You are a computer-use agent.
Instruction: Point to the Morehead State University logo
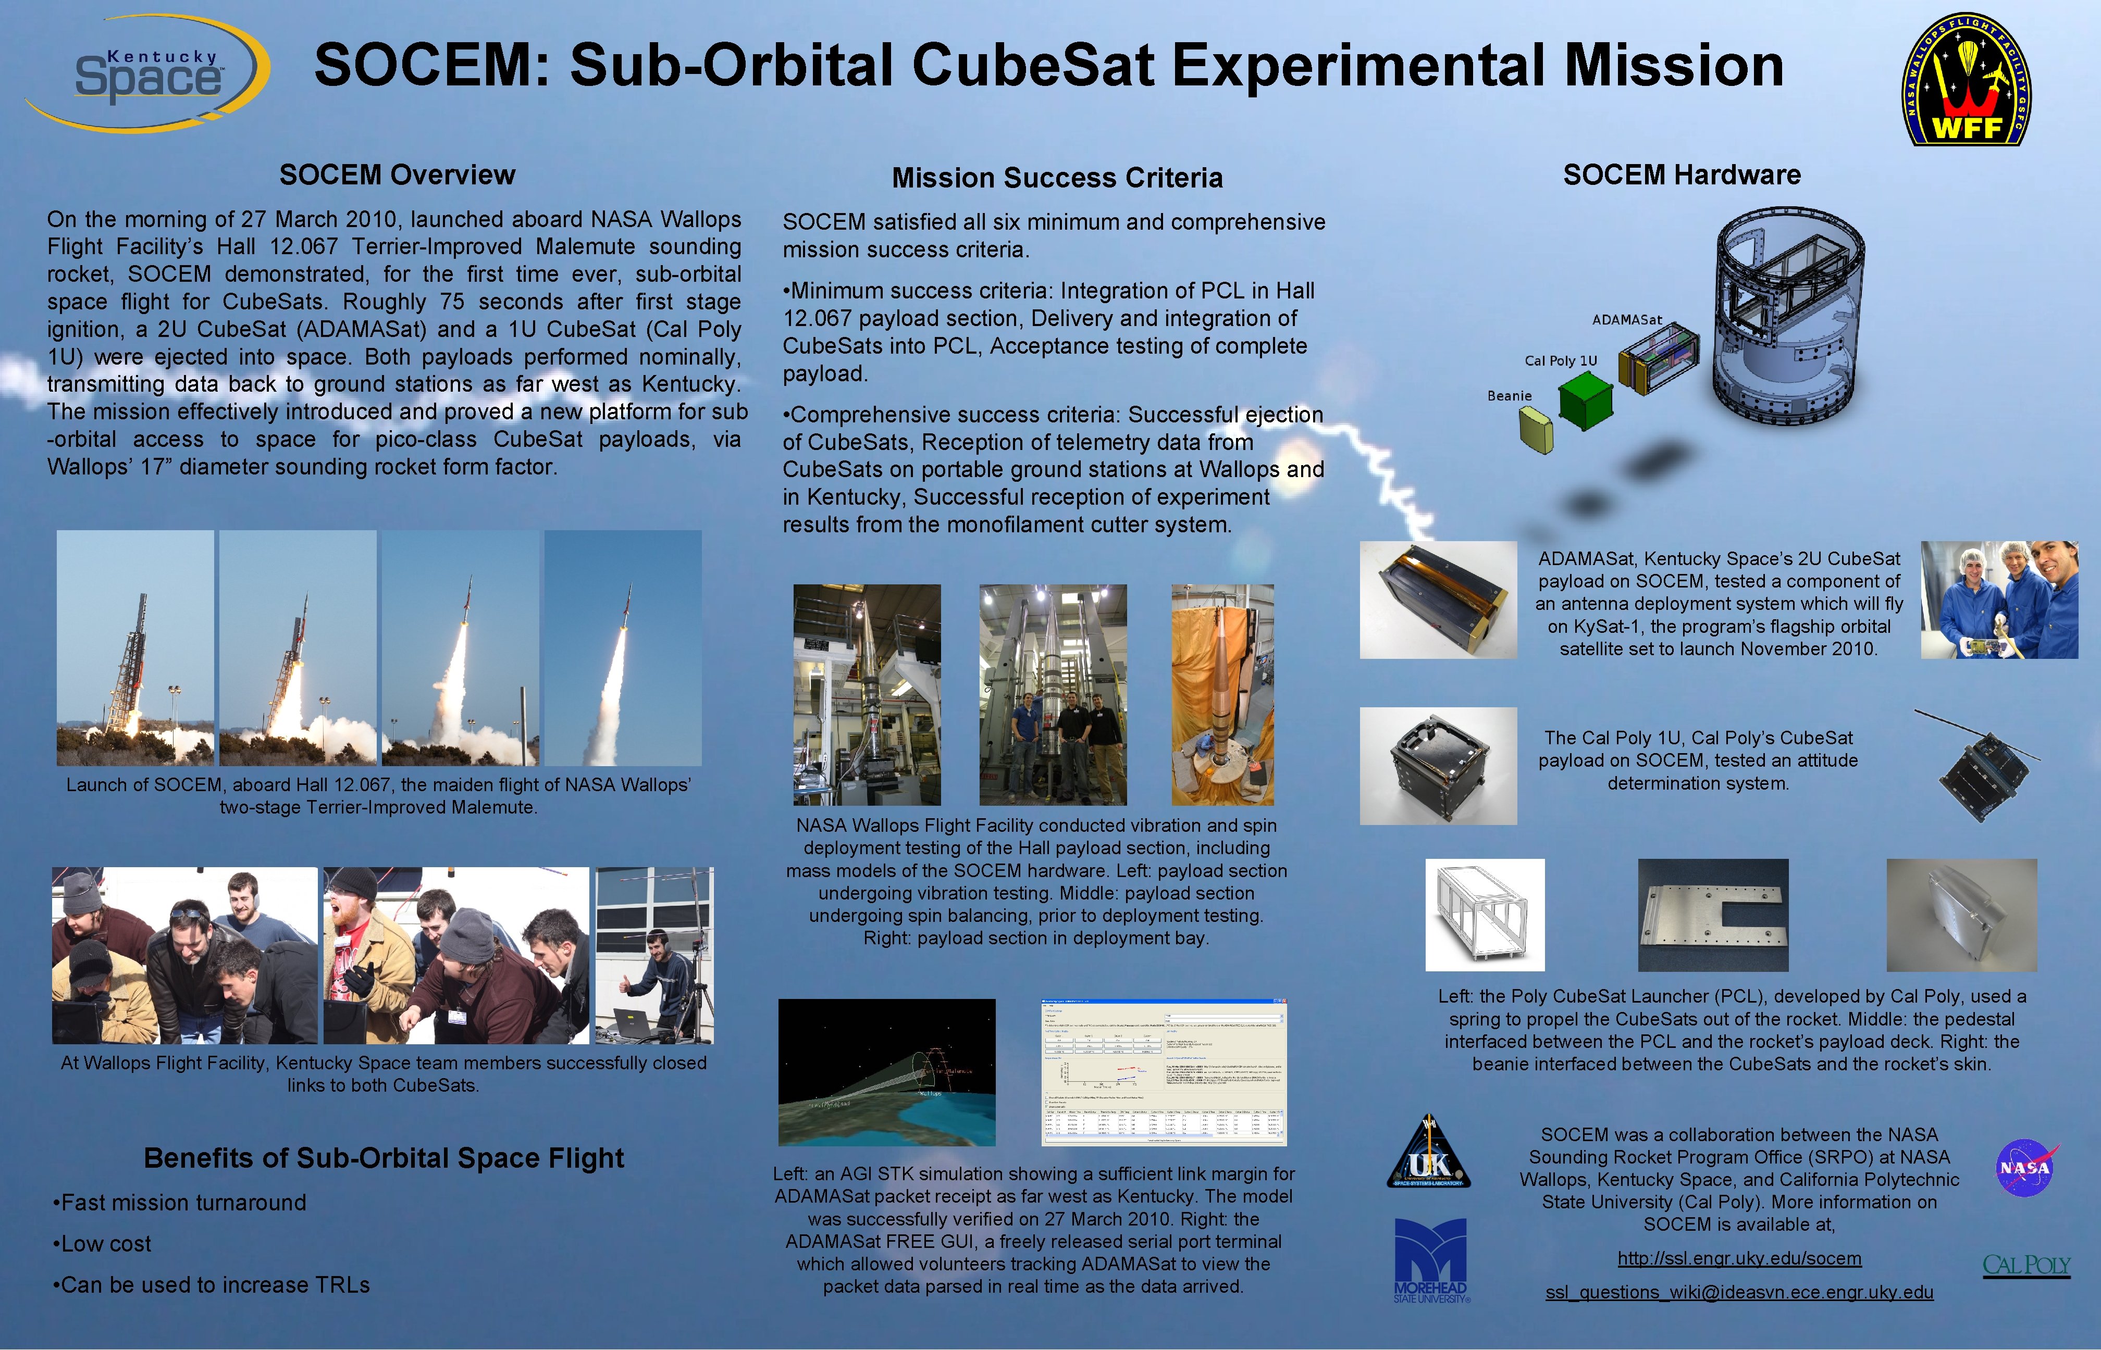pos(1430,1260)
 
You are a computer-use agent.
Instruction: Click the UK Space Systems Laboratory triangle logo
pos(1428,1153)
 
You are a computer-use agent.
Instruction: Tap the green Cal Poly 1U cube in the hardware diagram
pos(1586,402)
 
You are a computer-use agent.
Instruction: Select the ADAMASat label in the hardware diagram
pos(1627,320)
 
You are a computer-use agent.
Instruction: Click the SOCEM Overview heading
pos(397,174)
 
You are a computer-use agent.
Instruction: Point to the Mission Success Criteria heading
pos(1057,178)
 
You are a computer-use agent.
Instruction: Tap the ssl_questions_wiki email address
pos(1739,1292)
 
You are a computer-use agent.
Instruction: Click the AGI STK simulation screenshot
pos(886,1072)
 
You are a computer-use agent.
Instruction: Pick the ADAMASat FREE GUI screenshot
pos(1164,1072)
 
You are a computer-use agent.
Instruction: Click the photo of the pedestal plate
pos(1713,915)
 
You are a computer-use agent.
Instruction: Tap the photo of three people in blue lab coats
pos(1999,599)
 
